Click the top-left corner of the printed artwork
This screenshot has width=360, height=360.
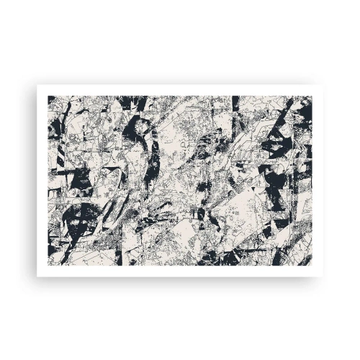[x=48, y=95]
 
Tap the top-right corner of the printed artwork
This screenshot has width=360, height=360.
[x=312, y=95]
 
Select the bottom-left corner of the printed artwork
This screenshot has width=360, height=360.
[x=48, y=264]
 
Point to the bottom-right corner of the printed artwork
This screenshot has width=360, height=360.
[x=312, y=264]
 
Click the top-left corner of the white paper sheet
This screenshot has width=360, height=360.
[x=37, y=85]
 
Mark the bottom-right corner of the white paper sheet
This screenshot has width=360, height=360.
[x=323, y=276]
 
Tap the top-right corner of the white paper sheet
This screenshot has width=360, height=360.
[x=323, y=85]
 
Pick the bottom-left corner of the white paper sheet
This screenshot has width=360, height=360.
[x=37, y=276]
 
